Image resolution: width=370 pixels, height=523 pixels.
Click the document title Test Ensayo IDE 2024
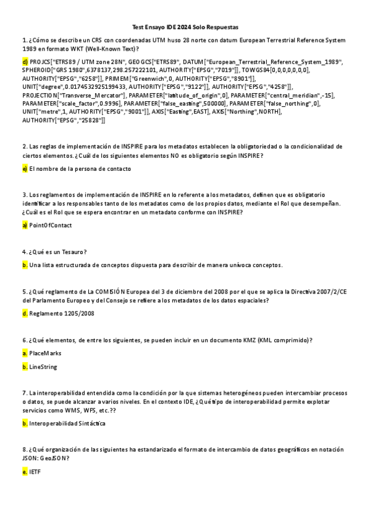(185, 28)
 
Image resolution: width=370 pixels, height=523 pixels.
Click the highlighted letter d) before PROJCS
(25, 62)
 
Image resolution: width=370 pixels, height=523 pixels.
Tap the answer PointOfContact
(50, 225)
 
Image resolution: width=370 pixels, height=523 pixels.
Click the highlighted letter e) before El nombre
(25, 168)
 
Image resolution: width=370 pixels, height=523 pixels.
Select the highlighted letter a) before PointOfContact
(25, 225)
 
